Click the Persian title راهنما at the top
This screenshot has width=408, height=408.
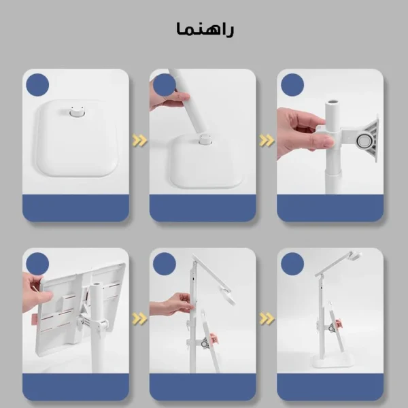205,30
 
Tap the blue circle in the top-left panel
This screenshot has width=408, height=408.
37,86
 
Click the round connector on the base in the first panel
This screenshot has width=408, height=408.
75,110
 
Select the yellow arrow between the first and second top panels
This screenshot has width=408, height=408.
139,141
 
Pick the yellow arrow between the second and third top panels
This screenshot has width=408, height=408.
267,141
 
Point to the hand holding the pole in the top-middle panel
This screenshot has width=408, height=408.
167,99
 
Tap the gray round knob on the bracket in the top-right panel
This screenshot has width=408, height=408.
364,141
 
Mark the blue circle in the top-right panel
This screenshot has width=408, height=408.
292,86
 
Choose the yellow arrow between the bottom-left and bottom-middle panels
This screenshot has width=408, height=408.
139,318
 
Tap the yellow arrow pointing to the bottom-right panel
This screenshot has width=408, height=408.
267,318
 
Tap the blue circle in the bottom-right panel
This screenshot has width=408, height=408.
292,264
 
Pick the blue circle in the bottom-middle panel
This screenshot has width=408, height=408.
165,264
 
